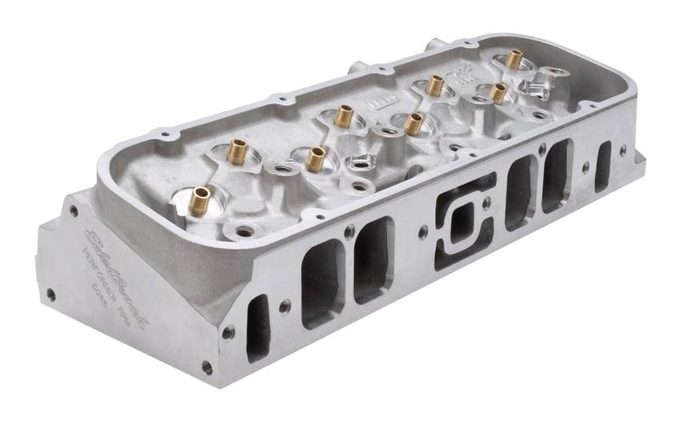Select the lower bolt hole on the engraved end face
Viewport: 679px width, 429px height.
tap(52, 294)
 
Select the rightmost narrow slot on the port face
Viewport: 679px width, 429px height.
tap(603, 166)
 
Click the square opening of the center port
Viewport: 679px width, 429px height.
tap(461, 222)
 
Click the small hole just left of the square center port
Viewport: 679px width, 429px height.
tap(421, 229)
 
